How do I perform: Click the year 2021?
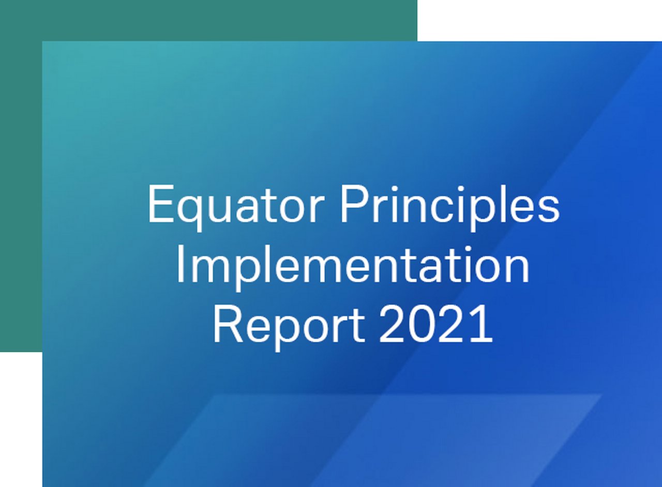[x=436, y=325]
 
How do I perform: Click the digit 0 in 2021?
[x=421, y=325]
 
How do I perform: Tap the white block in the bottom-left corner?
[x=21, y=419]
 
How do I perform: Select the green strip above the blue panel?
[x=207, y=20]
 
